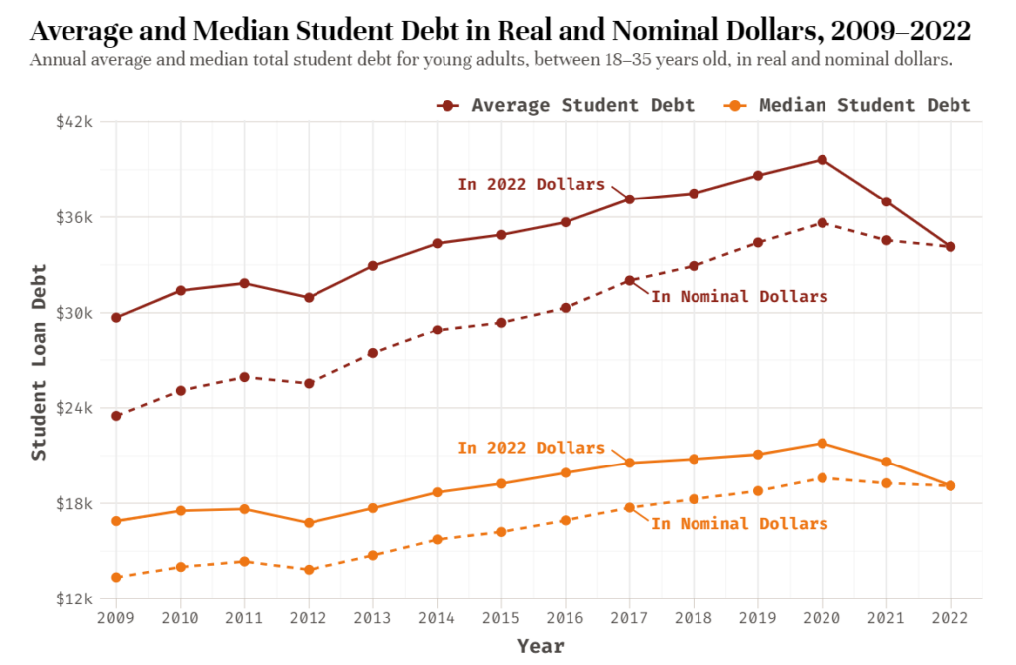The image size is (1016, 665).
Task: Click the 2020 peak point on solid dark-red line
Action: tap(822, 159)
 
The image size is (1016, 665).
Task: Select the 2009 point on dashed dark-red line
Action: tap(116, 416)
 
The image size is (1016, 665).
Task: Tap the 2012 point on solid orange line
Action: tap(309, 523)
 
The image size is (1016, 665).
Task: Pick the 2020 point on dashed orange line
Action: tap(822, 478)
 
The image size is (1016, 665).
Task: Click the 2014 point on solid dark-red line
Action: tap(437, 243)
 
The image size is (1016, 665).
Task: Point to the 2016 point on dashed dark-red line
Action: tap(565, 308)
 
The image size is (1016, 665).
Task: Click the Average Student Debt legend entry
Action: tap(566, 105)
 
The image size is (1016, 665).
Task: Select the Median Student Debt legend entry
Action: tap(848, 105)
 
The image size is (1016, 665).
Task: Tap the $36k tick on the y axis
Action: tap(73, 217)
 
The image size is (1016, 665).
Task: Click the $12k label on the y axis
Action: tap(73, 598)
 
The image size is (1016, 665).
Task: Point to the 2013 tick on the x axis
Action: tap(373, 619)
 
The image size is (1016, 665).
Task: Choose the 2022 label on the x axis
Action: tap(951, 619)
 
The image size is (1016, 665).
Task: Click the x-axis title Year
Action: tap(540, 647)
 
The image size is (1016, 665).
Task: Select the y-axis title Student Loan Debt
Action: tap(39, 362)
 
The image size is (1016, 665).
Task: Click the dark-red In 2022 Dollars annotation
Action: tap(531, 184)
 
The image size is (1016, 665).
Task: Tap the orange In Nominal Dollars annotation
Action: tap(739, 523)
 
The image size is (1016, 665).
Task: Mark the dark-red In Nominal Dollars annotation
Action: tap(739, 296)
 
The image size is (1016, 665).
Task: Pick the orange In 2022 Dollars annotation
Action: tap(531, 448)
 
